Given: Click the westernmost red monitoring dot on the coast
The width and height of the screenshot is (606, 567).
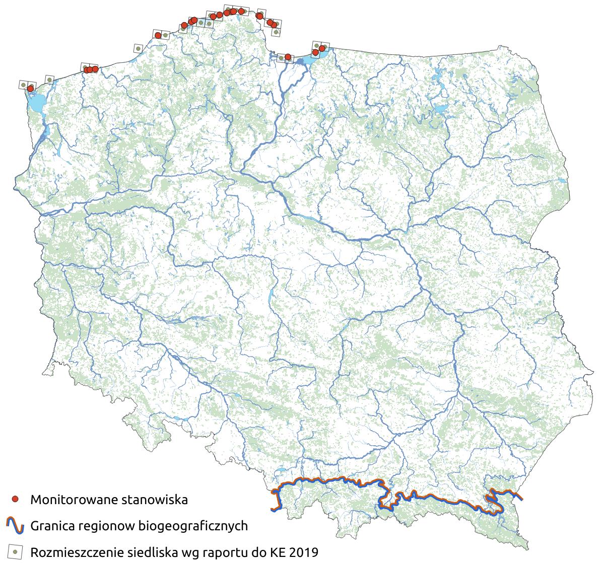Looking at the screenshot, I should pos(30,89).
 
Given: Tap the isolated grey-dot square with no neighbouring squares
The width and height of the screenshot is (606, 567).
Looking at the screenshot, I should pos(138,48).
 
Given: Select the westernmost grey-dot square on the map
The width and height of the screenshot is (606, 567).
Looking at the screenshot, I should pos(23,85).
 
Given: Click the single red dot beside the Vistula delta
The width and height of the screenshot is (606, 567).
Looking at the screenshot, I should pos(288,57).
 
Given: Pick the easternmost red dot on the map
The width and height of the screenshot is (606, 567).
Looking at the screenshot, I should pos(322,48).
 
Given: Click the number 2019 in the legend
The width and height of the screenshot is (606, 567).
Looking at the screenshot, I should pos(305,553).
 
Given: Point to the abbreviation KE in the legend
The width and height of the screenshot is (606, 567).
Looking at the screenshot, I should pos(279,553).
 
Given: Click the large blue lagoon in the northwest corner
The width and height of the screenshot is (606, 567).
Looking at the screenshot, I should pos(35,104).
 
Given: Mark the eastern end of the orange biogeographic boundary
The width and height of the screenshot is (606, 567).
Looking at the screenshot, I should pos(521,499).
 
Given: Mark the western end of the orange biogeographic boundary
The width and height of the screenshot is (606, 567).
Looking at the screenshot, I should pos(273,510).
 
